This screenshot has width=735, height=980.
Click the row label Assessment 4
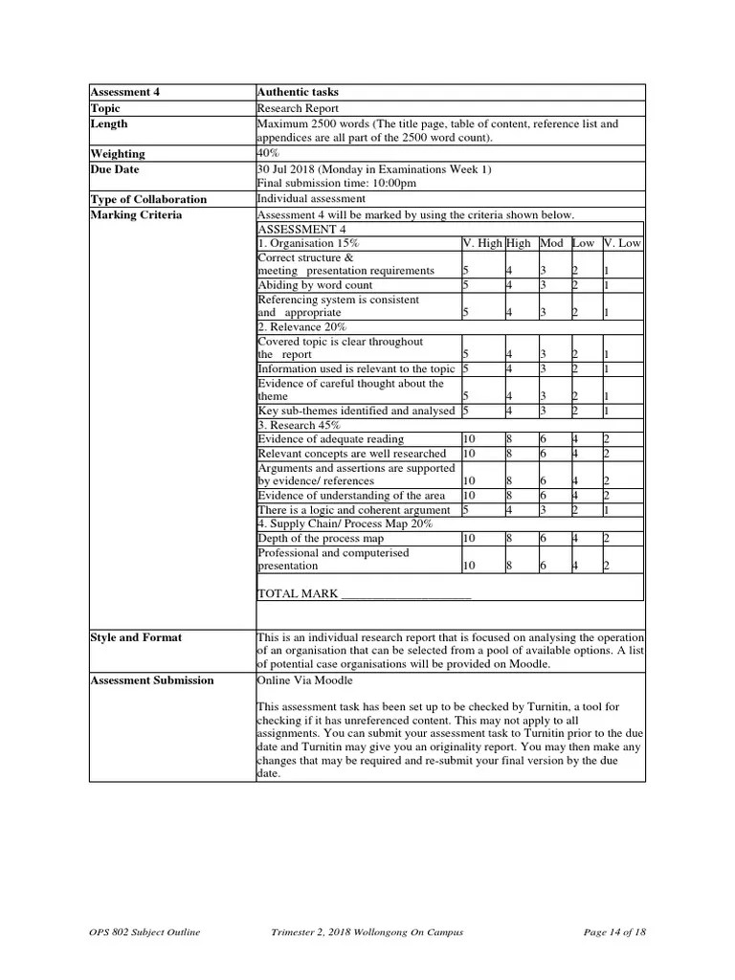click(x=125, y=93)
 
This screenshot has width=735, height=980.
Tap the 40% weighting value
click(x=269, y=153)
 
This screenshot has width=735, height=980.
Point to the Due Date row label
click(x=115, y=169)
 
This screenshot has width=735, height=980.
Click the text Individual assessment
click(x=311, y=199)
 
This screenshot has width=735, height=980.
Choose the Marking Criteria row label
click(x=136, y=214)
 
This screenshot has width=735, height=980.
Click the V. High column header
click(x=482, y=243)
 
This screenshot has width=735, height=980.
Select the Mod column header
click(x=552, y=243)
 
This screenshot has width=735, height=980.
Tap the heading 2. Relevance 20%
click(x=301, y=327)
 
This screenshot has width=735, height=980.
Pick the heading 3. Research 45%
click(x=299, y=425)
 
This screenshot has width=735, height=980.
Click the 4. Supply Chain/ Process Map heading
click(x=345, y=523)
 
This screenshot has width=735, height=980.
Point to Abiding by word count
click(x=315, y=285)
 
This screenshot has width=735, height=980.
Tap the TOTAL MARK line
click(x=364, y=593)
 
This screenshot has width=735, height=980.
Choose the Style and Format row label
click(x=136, y=637)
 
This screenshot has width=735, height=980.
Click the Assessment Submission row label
click(x=152, y=680)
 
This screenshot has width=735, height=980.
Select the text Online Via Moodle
click(x=304, y=680)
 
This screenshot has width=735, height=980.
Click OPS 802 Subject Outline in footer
click(x=145, y=933)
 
